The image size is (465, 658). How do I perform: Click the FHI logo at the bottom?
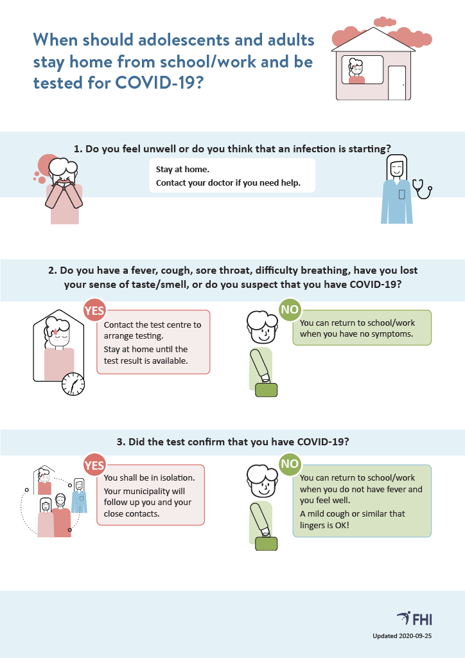coord(414,619)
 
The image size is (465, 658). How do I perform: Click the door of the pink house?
coord(397,83)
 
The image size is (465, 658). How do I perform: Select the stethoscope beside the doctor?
coord(422,189)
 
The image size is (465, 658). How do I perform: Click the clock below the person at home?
coord(73,384)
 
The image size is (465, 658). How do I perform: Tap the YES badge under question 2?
coord(94,310)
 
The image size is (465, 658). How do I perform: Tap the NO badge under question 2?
coord(290,310)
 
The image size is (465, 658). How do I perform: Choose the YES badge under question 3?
coord(94,465)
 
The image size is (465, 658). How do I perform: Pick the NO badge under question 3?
coord(290,464)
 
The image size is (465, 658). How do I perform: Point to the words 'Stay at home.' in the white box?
coord(182,170)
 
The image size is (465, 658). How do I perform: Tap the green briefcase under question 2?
coord(267,390)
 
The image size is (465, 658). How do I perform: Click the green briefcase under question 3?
coord(267,544)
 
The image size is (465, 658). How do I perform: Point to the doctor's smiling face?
coord(396,169)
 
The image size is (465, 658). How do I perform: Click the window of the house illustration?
coord(362,69)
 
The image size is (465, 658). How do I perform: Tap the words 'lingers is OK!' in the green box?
coord(324,525)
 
